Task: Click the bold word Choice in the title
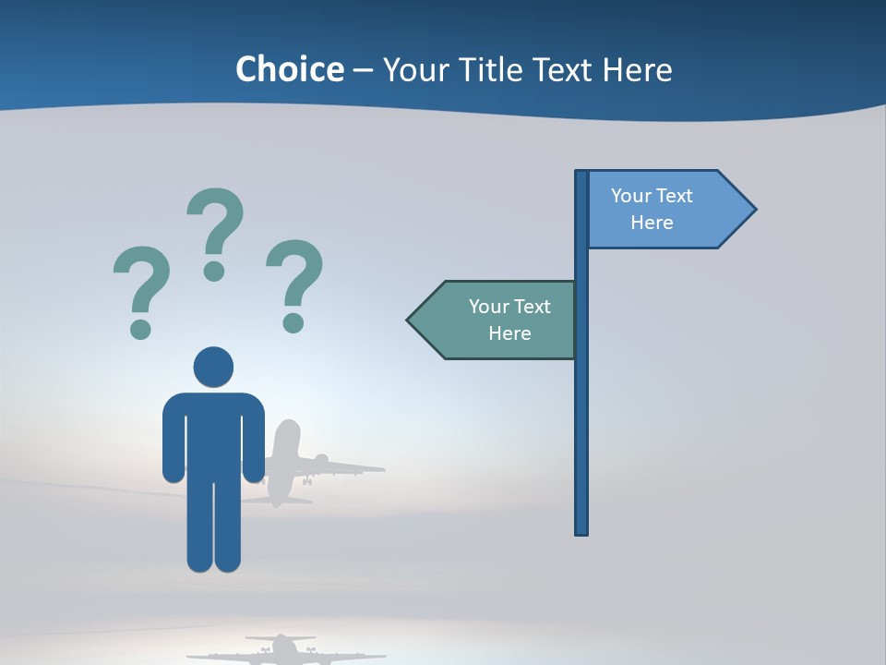click(289, 70)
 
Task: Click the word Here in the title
click(637, 70)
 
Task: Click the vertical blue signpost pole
click(581, 416)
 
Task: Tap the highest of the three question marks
click(216, 222)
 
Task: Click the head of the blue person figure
click(213, 367)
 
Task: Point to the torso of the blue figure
click(213, 434)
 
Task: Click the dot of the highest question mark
click(214, 271)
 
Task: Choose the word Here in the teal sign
click(509, 333)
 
